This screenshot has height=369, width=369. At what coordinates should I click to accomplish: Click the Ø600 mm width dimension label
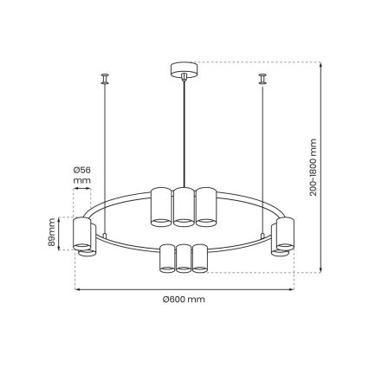point(183,299)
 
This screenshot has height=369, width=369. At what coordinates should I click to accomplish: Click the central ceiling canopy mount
point(184,68)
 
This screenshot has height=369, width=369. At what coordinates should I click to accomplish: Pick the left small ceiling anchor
point(104,80)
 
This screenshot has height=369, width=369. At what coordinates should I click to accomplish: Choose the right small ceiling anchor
point(262,80)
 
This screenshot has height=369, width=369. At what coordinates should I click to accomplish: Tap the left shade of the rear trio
point(161,205)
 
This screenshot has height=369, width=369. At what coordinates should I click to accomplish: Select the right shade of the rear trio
point(205,205)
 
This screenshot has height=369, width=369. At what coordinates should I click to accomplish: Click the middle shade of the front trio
point(183,259)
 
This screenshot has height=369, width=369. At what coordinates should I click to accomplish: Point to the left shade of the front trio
point(167,259)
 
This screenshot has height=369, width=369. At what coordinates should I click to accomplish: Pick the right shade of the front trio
point(199,259)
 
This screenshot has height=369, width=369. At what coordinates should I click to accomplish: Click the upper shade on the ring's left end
point(83,231)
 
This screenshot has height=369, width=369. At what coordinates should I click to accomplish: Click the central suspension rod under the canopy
point(184,130)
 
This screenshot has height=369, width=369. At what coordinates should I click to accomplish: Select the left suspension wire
point(104,156)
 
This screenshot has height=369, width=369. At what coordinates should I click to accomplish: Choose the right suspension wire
point(262,156)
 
